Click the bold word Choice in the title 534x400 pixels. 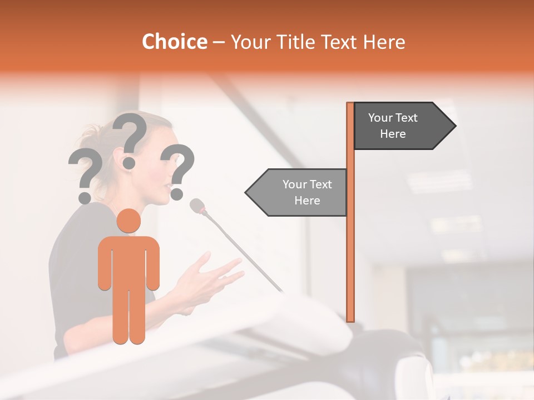[x=174, y=42]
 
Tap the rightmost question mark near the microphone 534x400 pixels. [x=177, y=170]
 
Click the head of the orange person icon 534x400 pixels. [x=128, y=221]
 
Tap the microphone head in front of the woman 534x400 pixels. [x=197, y=206]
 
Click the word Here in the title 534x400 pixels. [x=384, y=42]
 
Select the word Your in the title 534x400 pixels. [x=248, y=42]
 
